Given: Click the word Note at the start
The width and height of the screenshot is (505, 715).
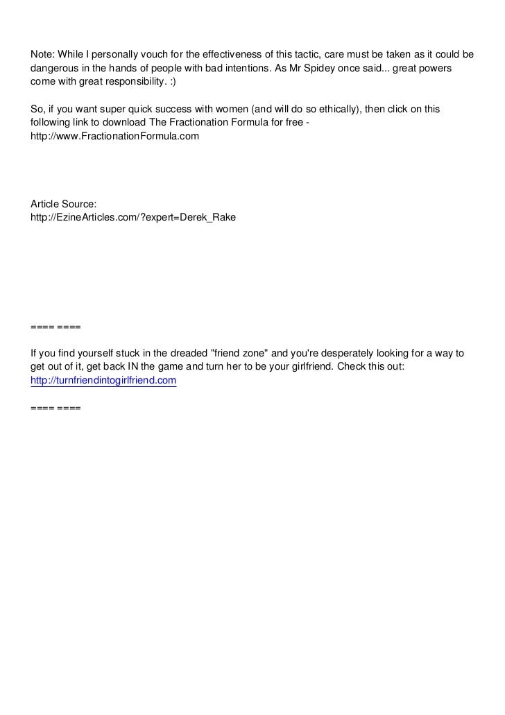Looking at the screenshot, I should (x=42, y=55).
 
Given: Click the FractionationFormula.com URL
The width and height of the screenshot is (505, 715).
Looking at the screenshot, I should (x=114, y=137).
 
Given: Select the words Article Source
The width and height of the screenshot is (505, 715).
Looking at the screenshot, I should (x=64, y=203).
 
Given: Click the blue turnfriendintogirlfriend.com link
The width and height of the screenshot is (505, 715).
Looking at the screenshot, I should (x=104, y=381).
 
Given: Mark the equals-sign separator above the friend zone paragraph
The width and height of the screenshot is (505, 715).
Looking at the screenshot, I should (x=56, y=326).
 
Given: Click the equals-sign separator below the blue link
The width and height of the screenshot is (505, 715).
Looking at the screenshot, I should (x=56, y=408).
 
